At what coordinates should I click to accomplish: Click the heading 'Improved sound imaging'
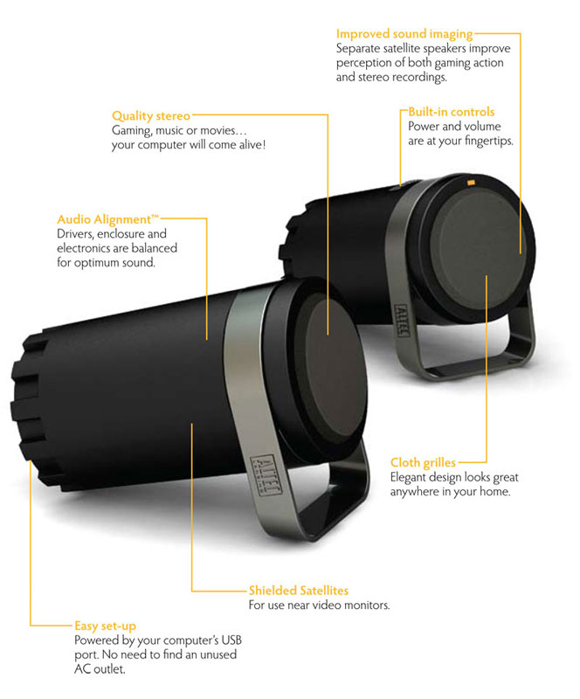404,34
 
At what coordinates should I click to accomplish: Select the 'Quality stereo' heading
150,115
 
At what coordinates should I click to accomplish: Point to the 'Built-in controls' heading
451,112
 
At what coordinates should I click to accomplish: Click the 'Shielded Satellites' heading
299,591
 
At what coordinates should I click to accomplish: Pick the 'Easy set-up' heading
105,626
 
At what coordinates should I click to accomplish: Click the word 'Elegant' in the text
412,477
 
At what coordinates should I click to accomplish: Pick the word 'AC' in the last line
85,669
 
